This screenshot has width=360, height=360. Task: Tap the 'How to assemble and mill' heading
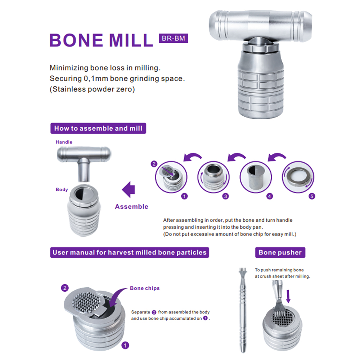(x=98, y=128)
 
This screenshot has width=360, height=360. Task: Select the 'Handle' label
(x=64, y=142)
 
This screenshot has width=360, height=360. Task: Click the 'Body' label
(x=62, y=190)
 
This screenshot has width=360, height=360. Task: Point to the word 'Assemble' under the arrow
(x=131, y=207)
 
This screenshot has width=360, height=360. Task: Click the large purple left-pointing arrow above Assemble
(x=130, y=190)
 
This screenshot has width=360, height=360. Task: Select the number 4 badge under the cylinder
(x=270, y=196)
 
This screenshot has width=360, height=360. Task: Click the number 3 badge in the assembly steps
(x=225, y=196)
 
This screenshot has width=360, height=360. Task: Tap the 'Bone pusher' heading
(x=280, y=252)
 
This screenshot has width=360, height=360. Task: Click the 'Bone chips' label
(x=145, y=288)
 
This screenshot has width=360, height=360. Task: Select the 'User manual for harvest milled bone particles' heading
(x=130, y=252)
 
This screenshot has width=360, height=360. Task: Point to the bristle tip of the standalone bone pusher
(x=242, y=270)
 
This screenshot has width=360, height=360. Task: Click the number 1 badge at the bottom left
(x=125, y=345)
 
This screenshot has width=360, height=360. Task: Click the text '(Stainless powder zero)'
(x=92, y=89)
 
